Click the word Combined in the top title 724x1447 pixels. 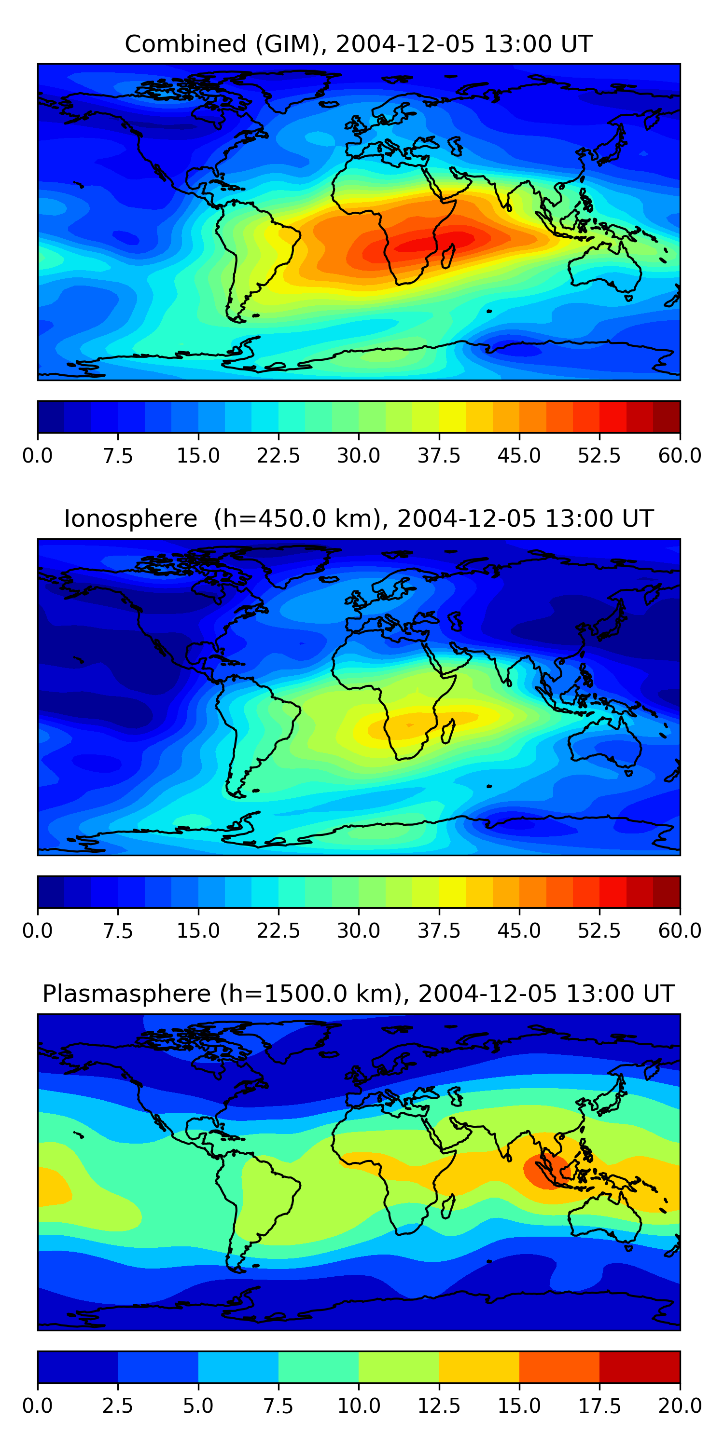185,44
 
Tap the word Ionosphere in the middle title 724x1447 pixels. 130,519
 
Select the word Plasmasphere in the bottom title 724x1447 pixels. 126,994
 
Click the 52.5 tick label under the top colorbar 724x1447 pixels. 599,455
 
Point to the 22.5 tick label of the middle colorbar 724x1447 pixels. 278,930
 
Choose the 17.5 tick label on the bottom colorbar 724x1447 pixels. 599,1406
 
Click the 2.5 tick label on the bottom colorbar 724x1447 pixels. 117,1406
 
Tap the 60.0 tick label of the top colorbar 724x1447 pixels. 680,455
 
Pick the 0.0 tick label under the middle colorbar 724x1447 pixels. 38,930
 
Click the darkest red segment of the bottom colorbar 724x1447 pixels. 640,1366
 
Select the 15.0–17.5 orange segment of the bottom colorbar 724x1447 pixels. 559,1366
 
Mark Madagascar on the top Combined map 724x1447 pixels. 448,256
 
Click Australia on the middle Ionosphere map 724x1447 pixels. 604,744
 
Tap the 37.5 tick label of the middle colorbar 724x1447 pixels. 438,930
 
